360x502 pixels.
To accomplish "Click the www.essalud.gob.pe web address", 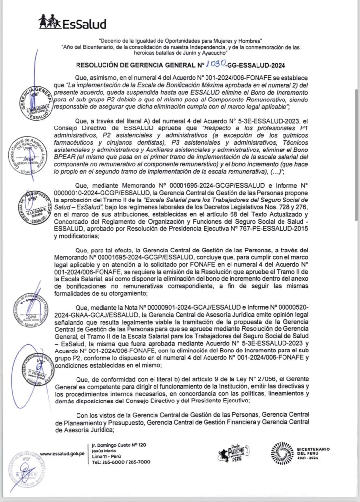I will (60, 453).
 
